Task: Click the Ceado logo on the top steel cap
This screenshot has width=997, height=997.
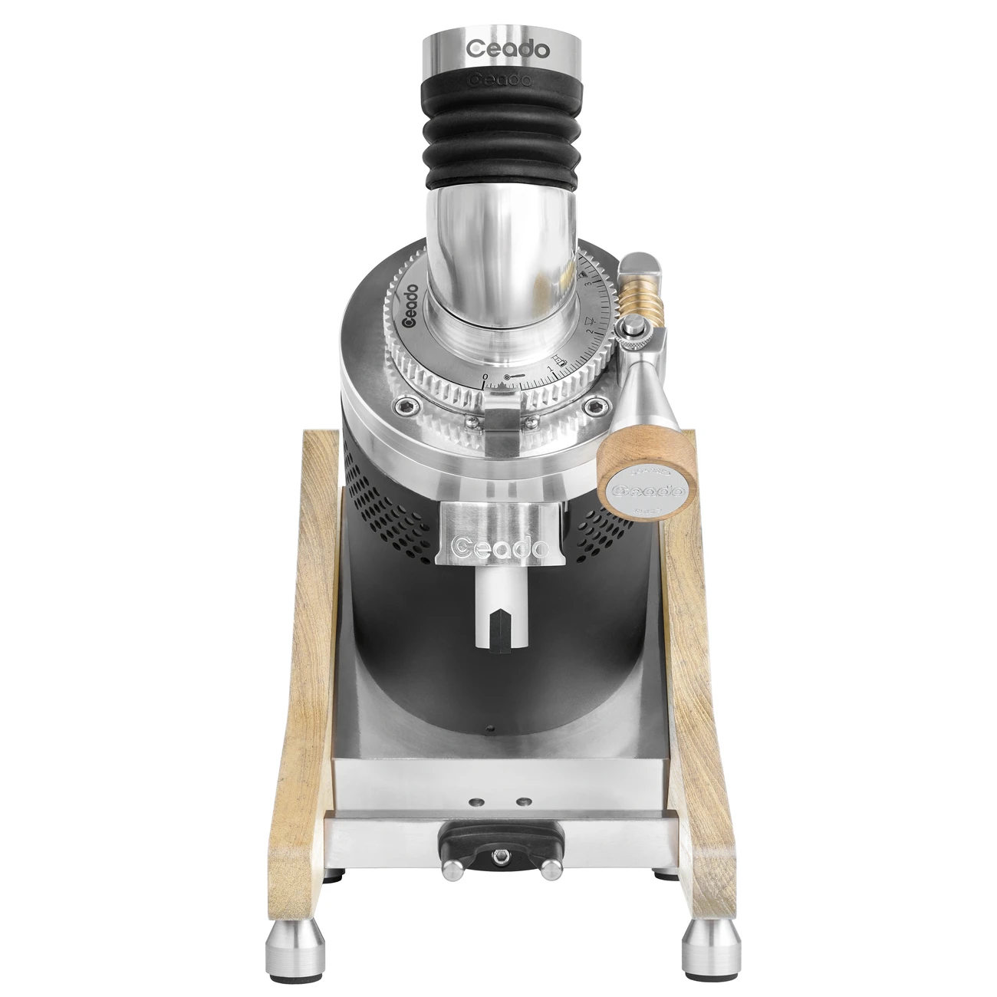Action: coord(508,50)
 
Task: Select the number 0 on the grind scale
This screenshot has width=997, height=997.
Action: coord(485,377)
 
